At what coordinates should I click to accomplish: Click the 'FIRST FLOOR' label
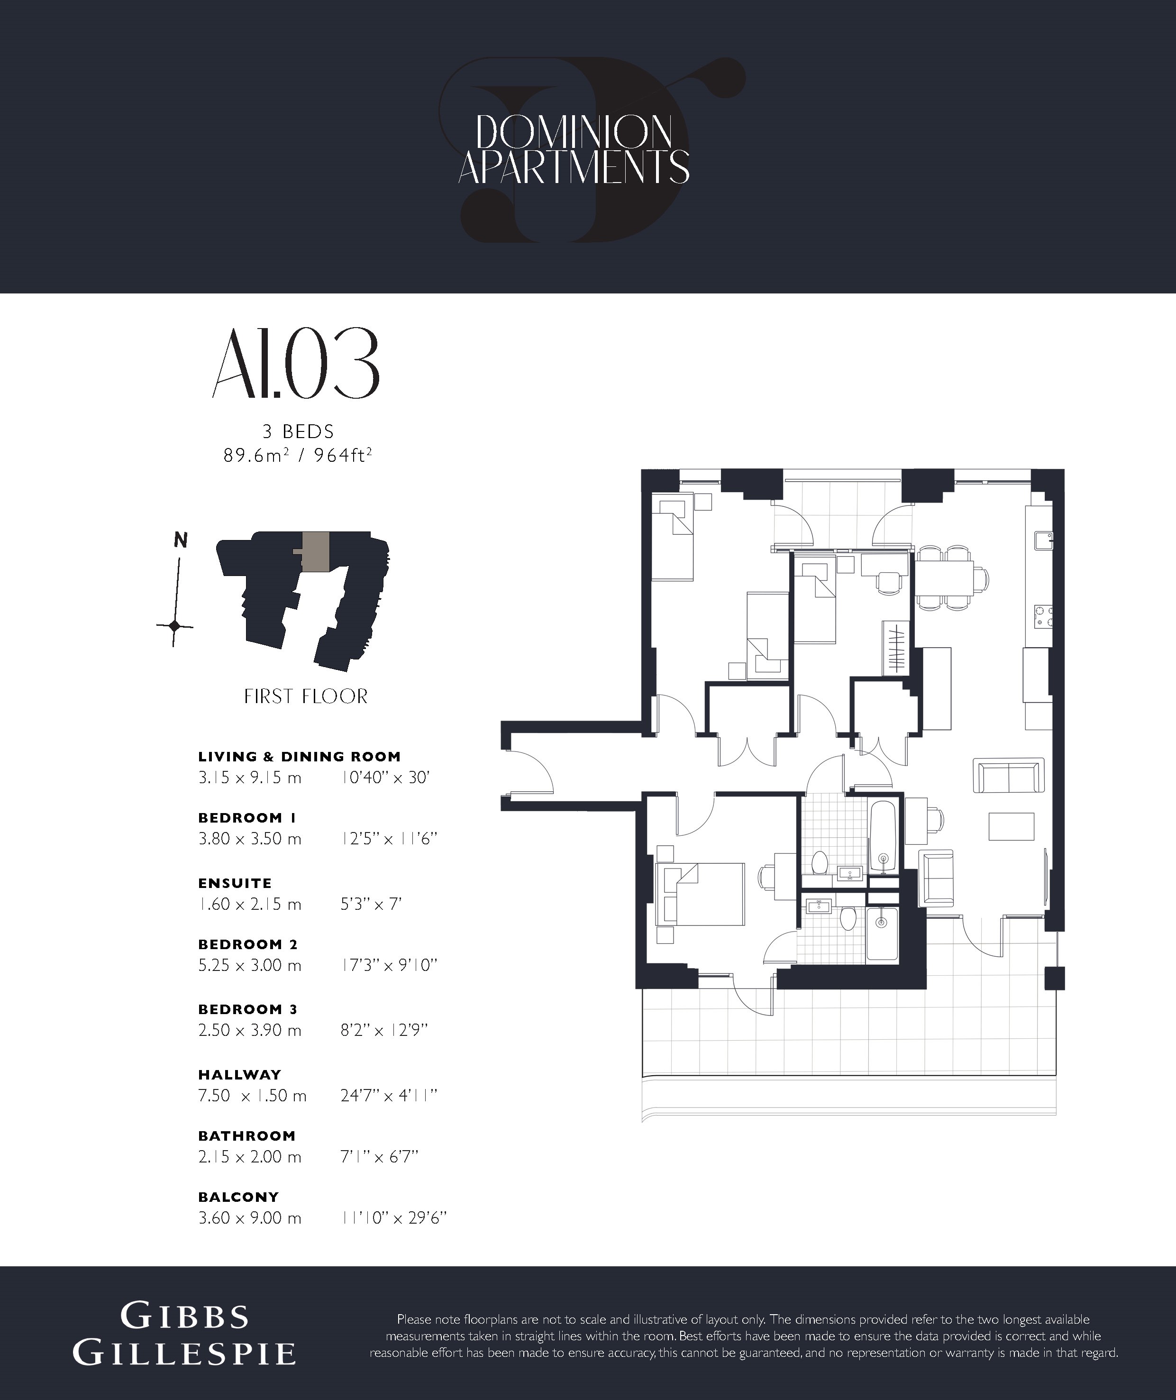pos(305,696)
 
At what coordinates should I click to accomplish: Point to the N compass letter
pos(180,540)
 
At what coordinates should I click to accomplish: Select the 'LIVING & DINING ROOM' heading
pos(300,757)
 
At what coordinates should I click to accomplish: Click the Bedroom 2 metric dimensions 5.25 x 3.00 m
pos(250,965)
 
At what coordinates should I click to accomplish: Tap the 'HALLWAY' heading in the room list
pos(240,1075)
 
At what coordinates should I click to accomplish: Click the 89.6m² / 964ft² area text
pos(297,456)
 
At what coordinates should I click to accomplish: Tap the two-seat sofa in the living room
pos(1009,775)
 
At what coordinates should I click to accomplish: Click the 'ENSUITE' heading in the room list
pos(235,883)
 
